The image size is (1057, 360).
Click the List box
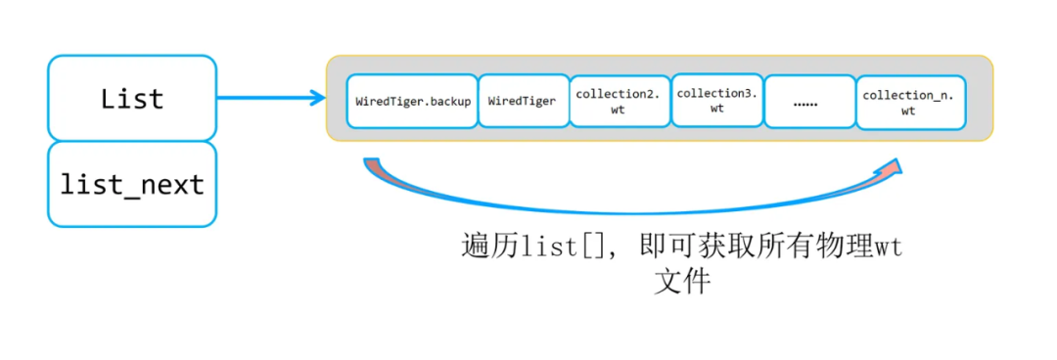coord(131,98)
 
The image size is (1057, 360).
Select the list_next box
coord(131,184)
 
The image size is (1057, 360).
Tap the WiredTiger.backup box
coord(412,101)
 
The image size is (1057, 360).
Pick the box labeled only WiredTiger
coord(522,101)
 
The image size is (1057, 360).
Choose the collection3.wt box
coord(716,101)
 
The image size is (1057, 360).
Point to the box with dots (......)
coord(809,102)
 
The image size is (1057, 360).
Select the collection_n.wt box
coord(907,102)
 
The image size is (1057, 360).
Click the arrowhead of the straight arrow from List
coord(317,98)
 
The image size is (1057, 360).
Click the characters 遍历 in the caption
coord(483,247)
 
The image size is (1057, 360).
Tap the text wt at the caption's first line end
coord(887,247)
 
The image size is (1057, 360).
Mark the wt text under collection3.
coord(716,109)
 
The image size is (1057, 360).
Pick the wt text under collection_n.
coord(907,111)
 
